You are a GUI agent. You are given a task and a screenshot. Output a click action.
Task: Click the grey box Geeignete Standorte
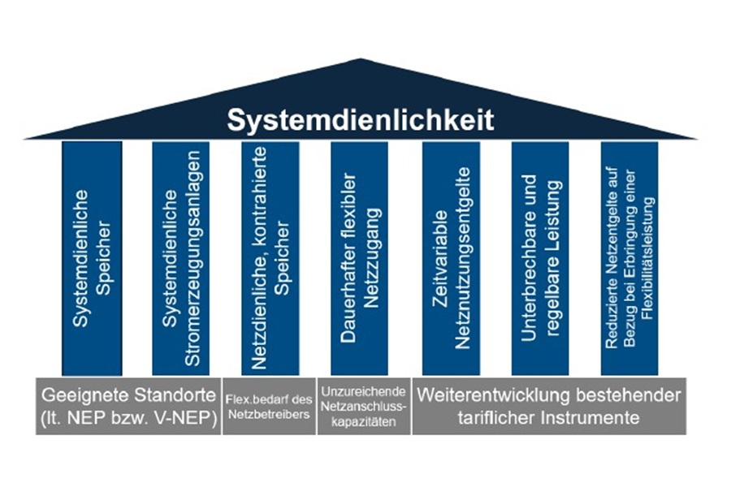128,406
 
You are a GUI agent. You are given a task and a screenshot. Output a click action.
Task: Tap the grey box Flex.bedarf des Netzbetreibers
268,406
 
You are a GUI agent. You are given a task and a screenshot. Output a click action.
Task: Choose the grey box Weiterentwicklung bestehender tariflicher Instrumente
548,406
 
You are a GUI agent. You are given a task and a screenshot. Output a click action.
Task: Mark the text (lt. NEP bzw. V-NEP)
128,418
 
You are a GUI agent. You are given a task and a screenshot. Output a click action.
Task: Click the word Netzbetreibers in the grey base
268,414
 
